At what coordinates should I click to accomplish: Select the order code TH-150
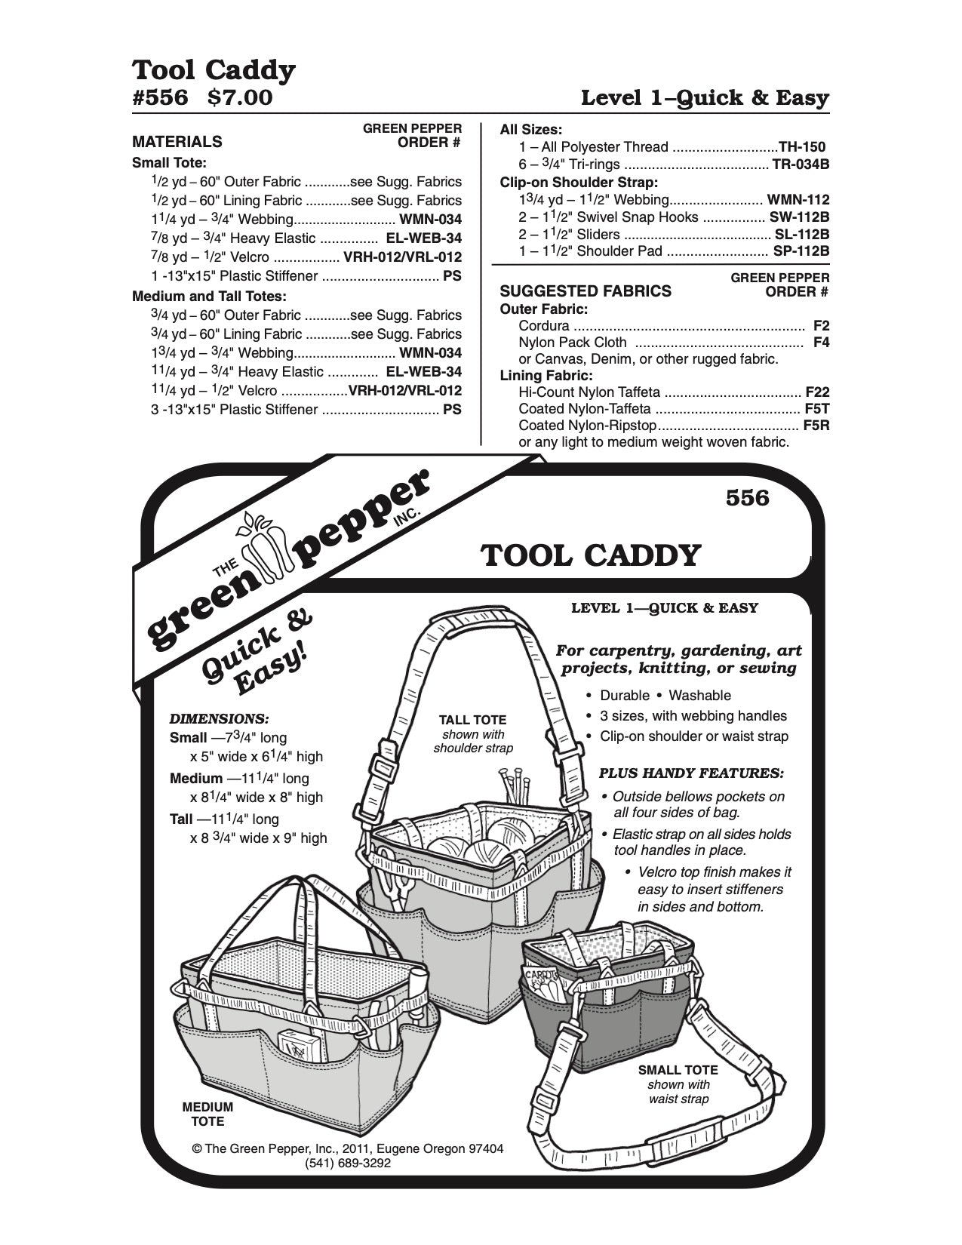pyautogui.click(x=803, y=147)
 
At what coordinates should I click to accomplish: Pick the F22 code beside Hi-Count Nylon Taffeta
pyautogui.click(x=817, y=392)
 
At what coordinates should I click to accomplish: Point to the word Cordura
pyautogui.click(x=544, y=326)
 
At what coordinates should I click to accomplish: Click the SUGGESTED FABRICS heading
pyautogui.click(x=585, y=291)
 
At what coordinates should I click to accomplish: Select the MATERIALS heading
pyautogui.click(x=177, y=141)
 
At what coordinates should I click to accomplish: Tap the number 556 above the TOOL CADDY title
pyautogui.click(x=747, y=498)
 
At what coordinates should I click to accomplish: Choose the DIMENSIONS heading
pyautogui.click(x=220, y=718)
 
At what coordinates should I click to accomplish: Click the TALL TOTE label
pyautogui.click(x=473, y=720)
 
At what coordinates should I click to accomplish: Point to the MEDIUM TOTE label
pyautogui.click(x=207, y=1114)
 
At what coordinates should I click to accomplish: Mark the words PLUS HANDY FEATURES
pyautogui.click(x=690, y=773)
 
